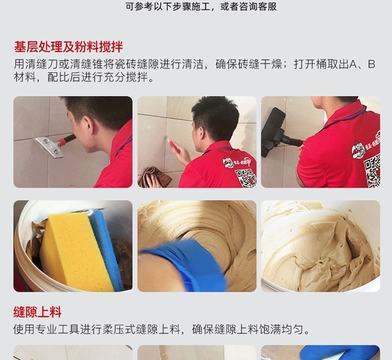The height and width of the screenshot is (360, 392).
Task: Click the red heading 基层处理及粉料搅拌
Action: [x=68, y=47]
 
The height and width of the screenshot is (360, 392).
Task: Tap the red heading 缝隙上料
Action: [x=38, y=312]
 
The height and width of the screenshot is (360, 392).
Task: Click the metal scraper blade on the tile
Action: [x=49, y=147]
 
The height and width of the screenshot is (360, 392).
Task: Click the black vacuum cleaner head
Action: [x=273, y=132]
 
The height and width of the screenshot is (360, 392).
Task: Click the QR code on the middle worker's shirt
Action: [x=246, y=178]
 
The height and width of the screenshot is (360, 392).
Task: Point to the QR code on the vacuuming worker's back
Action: [x=372, y=170]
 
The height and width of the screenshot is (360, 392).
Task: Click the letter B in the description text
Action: [x=372, y=64]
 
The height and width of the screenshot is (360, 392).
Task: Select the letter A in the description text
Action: [x=353, y=64]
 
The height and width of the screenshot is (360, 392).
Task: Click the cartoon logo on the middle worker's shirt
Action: [x=228, y=163]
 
